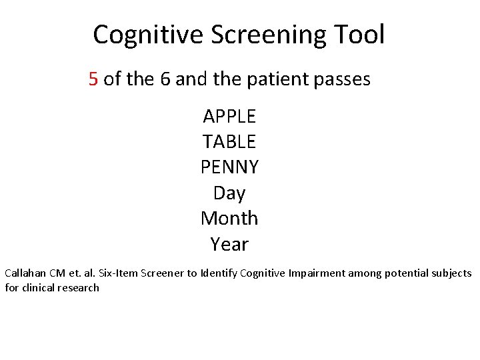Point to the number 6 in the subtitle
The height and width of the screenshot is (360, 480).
coord(166,80)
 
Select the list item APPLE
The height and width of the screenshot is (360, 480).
coord(229,117)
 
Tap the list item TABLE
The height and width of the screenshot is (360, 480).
coord(229,142)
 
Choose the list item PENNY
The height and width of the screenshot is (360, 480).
coord(229,167)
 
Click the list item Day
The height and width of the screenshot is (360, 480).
coord(229,193)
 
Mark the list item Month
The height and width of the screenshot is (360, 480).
coord(229,219)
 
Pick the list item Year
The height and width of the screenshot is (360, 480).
coord(229,245)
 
